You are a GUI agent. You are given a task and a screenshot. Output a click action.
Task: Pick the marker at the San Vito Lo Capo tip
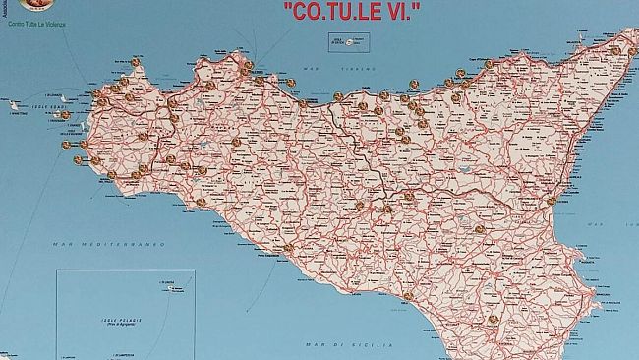pos(135,62)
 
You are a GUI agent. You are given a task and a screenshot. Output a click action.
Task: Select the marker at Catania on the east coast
pos(552,201)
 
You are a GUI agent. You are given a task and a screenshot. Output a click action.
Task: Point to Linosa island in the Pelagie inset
pos(170,287)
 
